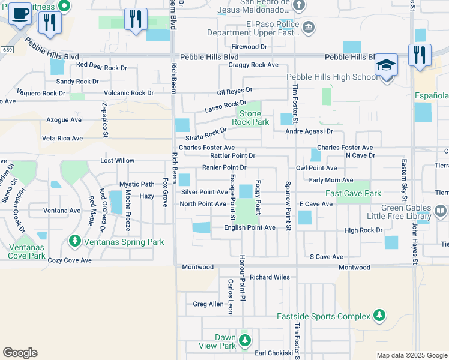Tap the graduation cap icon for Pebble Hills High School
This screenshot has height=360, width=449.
coord(386,65)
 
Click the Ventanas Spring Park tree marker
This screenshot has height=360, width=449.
coord(74,241)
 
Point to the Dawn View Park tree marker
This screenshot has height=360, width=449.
coord(244,341)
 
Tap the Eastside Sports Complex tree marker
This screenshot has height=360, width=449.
coord(379,316)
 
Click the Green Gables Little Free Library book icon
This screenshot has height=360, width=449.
coord(441,211)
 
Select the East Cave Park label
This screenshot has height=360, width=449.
coord(353,193)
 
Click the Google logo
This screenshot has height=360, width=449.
coord(20,353)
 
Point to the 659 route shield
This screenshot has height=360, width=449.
coord(7,49)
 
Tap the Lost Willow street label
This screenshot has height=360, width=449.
coord(118,161)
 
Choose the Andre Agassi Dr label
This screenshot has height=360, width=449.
coord(309,131)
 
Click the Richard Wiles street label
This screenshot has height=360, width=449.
coord(270,277)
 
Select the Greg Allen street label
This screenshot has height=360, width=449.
coord(208,304)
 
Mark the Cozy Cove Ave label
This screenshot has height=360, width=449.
coord(70,260)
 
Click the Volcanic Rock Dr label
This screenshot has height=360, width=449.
coord(128,93)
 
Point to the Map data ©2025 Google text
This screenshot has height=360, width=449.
coord(412,355)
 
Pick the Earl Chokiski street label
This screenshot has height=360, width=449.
coord(273,353)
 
